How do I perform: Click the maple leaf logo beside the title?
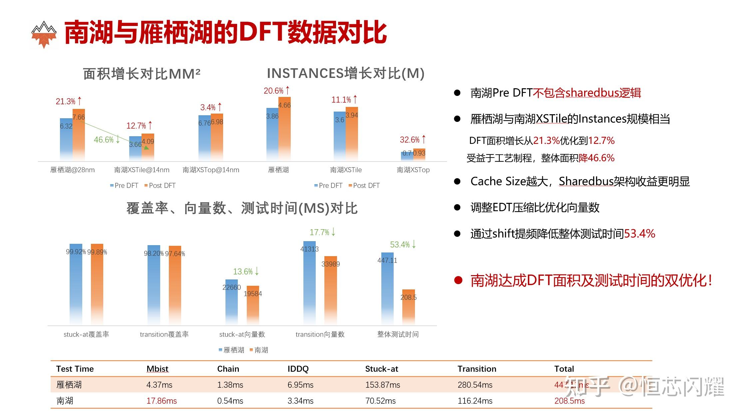(44, 34)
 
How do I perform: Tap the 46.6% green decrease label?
(107, 140)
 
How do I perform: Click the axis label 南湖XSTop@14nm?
(211, 170)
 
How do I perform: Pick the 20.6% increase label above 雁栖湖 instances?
(276, 91)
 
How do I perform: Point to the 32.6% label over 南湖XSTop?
(413, 140)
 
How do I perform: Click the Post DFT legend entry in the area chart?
(160, 186)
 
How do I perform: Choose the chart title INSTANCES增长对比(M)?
(345, 73)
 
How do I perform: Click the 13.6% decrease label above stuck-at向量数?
(246, 271)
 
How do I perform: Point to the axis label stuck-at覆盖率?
(86, 334)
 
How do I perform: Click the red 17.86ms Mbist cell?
(162, 401)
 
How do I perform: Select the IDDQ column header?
(298, 369)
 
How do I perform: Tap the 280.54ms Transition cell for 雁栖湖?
(475, 385)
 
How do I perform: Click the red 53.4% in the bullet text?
(639, 233)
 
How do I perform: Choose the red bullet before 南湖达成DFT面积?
(458, 280)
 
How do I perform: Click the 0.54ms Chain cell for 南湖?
(230, 401)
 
